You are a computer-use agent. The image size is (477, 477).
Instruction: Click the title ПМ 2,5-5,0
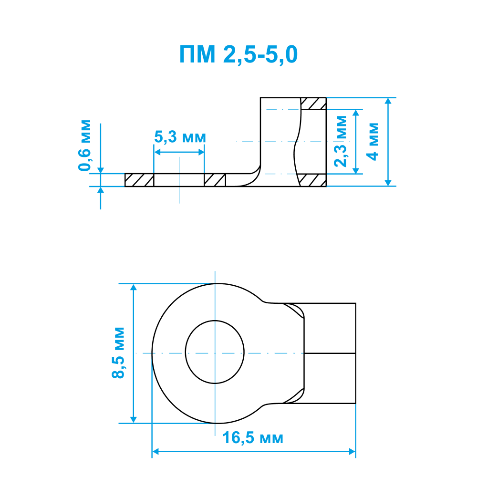(238, 54)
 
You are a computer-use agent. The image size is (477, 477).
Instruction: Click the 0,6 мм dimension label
(84, 145)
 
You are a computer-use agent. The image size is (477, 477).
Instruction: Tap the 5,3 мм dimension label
(180, 137)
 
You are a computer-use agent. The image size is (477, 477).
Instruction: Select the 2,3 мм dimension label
(341, 141)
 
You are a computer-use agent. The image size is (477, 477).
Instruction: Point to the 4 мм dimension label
(373, 142)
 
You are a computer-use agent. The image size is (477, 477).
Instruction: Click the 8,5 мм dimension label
(118, 353)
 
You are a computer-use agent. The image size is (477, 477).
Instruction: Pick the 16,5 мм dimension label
(253, 438)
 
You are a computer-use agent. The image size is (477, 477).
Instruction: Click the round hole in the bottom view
(215, 352)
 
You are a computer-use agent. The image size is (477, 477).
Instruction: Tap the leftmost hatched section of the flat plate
(139, 180)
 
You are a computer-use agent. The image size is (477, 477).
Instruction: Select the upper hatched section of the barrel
(313, 104)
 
